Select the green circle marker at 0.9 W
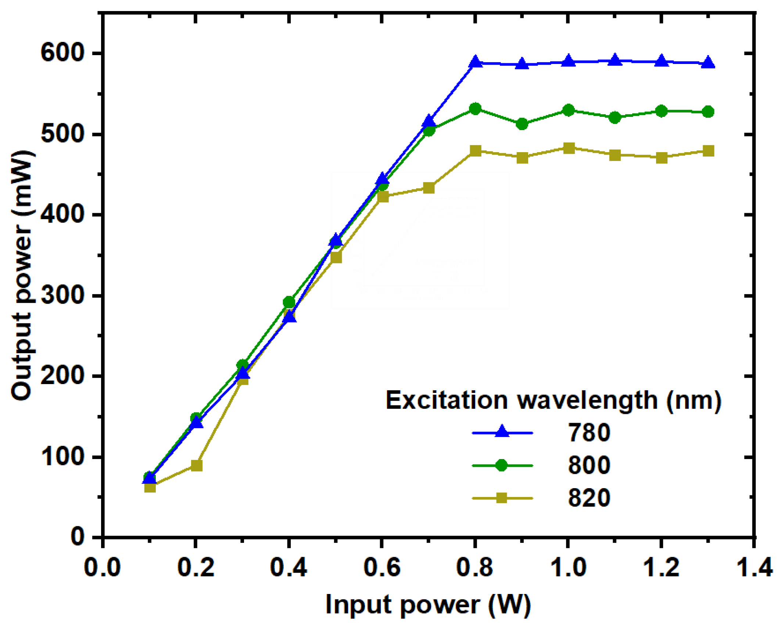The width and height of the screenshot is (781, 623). pos(522,124)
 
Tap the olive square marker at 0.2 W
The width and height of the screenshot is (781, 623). pos(197,466)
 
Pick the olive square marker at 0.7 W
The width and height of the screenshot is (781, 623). pos(429,188)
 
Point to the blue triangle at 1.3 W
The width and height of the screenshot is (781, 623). pos(708,63)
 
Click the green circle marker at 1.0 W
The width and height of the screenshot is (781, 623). pos(569,110)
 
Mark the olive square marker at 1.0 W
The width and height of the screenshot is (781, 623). pos(569,148)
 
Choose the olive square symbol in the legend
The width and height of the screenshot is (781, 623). pos(502,498)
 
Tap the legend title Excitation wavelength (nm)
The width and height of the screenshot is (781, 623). pos(553,400)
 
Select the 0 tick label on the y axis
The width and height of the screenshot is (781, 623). pos(78,537)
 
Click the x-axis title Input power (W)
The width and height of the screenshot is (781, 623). pos(428,604)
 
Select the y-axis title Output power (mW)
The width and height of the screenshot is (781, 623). pos(22,276)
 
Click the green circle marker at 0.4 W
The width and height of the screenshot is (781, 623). pos(289,302)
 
